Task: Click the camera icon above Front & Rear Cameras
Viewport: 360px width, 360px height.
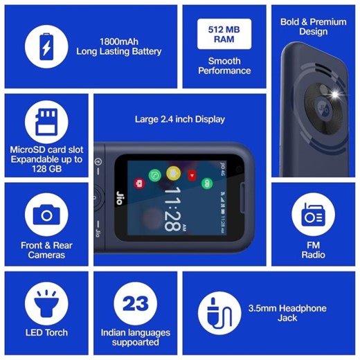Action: (x=46, y=215)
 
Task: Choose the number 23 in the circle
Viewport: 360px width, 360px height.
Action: (x=135, y=304)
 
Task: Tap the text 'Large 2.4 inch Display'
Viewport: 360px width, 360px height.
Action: (x=179, y=119)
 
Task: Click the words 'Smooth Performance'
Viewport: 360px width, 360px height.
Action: (x=224, y=66)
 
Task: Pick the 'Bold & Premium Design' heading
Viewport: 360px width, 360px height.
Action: (x=313, y=26)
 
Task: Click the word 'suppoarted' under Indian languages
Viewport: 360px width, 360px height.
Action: (x=135, y=342)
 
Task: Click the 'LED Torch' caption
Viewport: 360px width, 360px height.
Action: (x=46, y=332)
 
